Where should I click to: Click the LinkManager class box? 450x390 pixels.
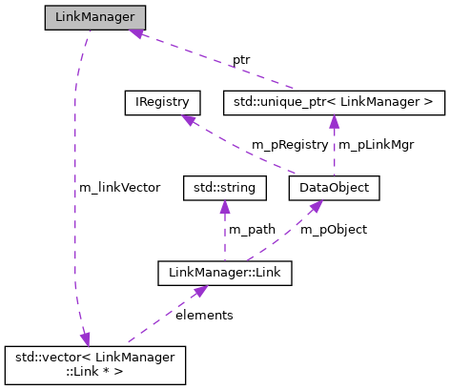tap(95, 18)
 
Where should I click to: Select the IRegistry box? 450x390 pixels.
tap(161, 101)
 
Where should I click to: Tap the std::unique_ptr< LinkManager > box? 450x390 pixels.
tap(334, 101)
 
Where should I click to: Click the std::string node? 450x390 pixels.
tap(224, 188)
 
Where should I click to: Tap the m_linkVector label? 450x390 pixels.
tap(119, 188)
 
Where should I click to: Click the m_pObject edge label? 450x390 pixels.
tap(333, 230)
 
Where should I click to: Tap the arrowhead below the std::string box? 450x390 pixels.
tap(224, 207)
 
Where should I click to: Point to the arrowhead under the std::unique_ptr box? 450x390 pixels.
tap(334, 120)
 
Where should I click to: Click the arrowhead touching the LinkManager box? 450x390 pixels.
tap(138, 33)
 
